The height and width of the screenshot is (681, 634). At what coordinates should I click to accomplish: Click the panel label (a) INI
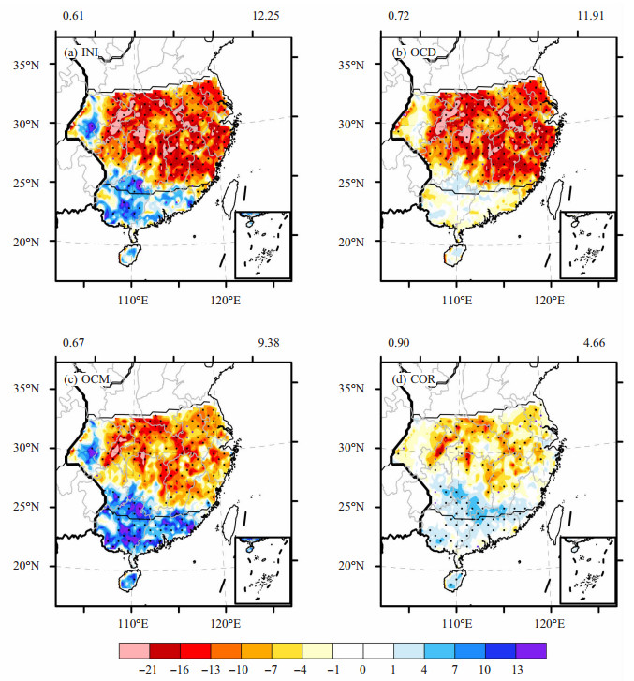coord(81,52)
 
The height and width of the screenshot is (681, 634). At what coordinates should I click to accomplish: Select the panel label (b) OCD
coord(414,52)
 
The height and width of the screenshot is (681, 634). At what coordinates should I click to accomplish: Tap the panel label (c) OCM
coord(86,379)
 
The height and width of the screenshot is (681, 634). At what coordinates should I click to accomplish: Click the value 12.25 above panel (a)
coord(266,16)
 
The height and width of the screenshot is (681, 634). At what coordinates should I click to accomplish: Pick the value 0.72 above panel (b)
coord(398,16)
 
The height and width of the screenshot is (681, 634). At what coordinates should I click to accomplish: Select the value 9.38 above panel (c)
coord(269,343)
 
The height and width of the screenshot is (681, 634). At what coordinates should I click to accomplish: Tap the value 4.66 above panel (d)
coord(594,343)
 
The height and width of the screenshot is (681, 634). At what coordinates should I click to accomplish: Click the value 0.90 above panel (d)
coord(398,343)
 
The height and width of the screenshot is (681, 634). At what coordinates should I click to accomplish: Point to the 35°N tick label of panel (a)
coord(25,66)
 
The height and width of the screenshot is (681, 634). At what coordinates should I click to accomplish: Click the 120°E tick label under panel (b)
coord(551,301)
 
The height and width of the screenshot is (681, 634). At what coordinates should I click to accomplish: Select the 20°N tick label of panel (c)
coord(25,566)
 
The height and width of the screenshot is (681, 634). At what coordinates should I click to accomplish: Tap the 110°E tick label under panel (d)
coord(457,624)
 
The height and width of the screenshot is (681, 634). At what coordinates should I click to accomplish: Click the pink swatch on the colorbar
coord(134,651)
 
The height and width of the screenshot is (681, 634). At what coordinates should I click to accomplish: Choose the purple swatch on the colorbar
coord(531,651)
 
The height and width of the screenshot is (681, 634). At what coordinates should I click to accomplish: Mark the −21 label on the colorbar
coord(148,670)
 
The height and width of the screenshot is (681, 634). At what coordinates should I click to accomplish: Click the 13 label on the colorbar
coord(517,670)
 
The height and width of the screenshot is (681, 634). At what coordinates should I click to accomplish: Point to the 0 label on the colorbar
coord(362,670)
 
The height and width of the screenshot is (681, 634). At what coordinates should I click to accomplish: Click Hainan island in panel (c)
coord(129,580)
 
